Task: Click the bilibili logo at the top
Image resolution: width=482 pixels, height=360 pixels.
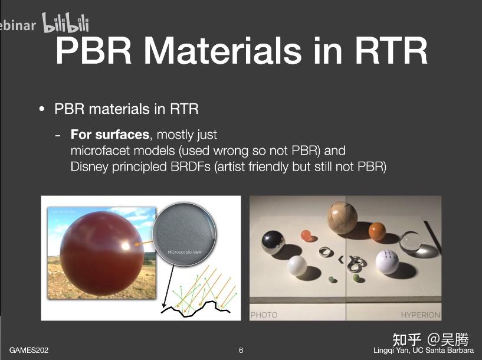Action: (65, 24)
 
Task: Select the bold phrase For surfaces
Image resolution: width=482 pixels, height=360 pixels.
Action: (110, 135)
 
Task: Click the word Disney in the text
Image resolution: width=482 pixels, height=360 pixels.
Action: (89, 166)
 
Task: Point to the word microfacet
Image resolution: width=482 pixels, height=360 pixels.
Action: (100, 150)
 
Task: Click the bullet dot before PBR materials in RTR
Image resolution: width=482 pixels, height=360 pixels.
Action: (41, 110)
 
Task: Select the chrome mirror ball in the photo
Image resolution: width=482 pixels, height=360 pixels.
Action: (273, 242)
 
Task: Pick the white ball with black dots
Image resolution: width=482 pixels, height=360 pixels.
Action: (388, 263)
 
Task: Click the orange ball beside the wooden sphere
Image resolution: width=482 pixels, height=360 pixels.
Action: (378, 230)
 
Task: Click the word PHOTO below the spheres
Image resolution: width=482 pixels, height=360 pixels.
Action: (264, 315)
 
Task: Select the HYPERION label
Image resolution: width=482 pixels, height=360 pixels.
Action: (420, 315)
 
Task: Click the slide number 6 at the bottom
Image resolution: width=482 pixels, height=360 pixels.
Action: (241, 351)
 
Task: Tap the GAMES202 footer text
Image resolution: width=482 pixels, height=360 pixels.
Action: (29, 351)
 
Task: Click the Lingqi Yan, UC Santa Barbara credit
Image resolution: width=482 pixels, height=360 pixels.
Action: (423, 351)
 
